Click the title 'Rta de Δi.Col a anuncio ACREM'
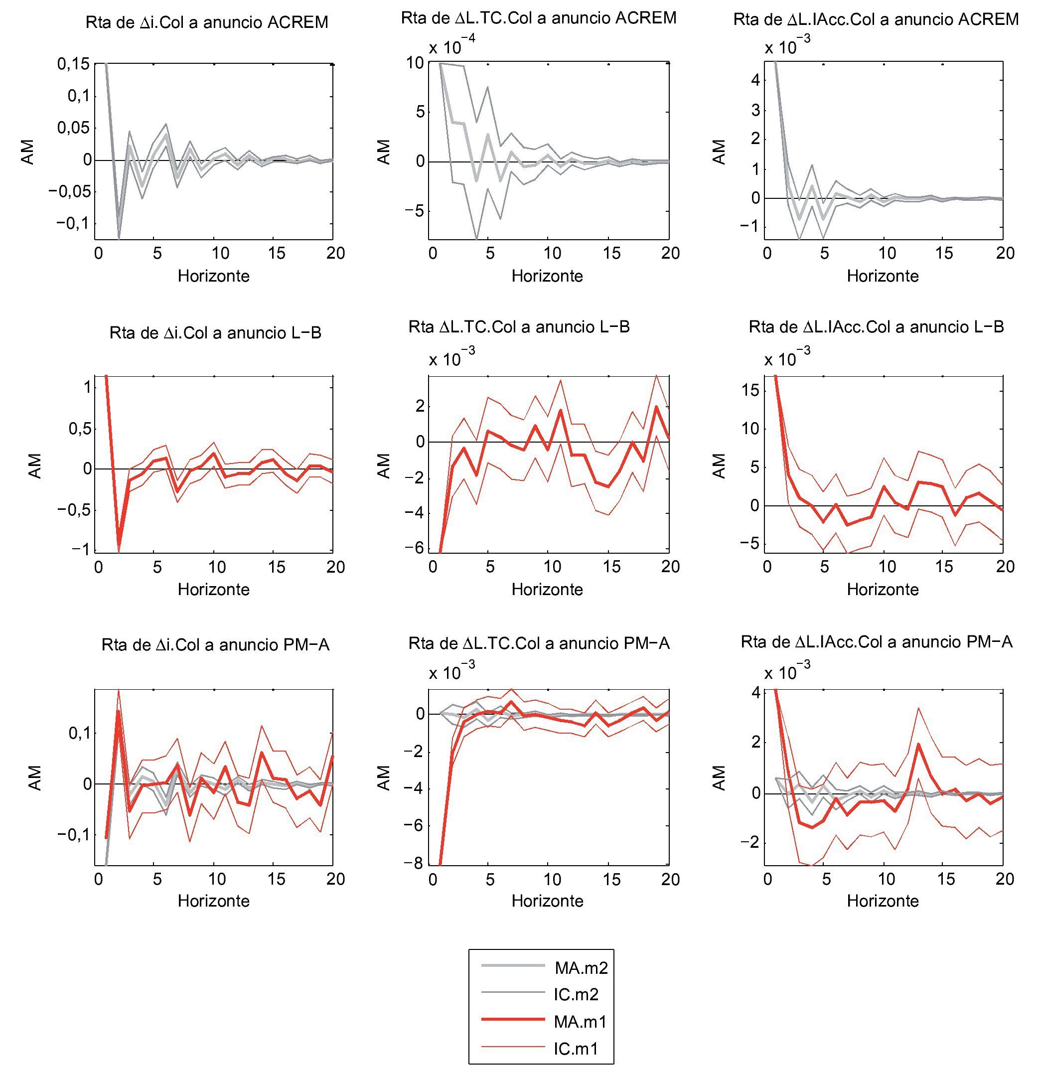point(207,22)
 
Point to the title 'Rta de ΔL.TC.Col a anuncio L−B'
point(519,327)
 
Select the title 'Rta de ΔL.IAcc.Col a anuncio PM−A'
point(877,641)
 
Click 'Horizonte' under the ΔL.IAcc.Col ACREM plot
point(883,276)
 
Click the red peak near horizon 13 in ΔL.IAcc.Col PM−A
point(918,744)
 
